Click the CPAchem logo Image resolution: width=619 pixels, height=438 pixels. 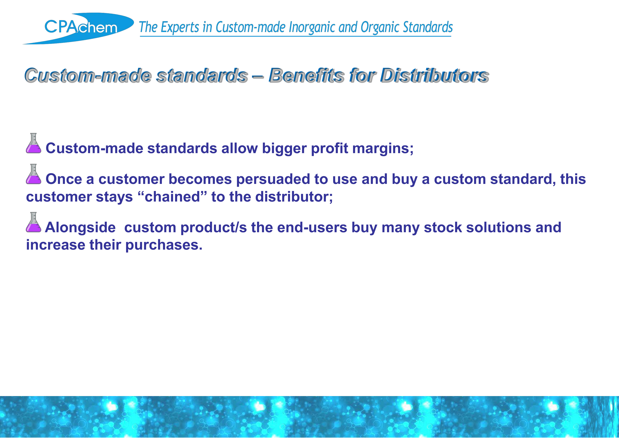[78, 28]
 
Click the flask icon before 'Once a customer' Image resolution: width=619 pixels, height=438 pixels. [33, 174]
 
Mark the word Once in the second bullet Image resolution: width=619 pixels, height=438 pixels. [64, 179]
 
